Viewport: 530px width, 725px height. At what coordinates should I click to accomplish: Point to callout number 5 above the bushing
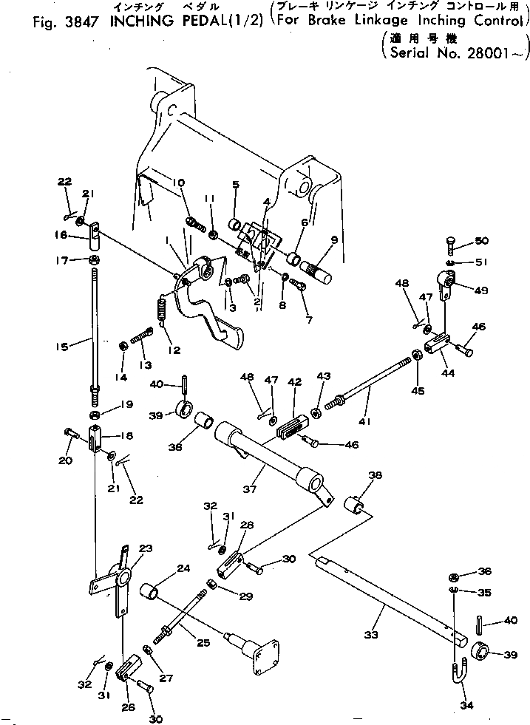pyautogui.click(x=235, y=185)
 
